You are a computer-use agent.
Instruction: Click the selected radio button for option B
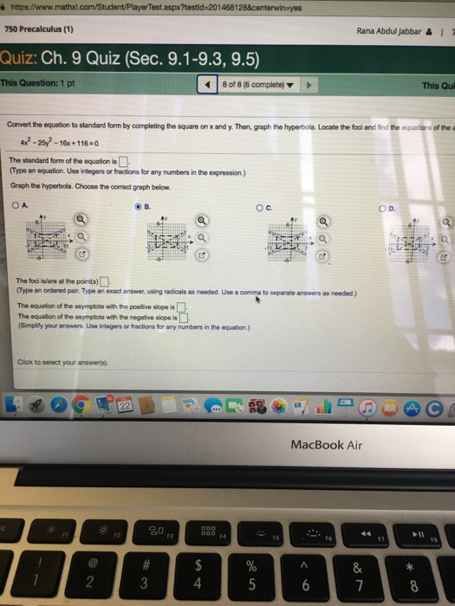click(x=136, y=206)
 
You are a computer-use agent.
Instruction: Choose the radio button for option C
click(x=259, y=207)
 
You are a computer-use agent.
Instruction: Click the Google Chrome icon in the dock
click(x=79, y=404)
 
